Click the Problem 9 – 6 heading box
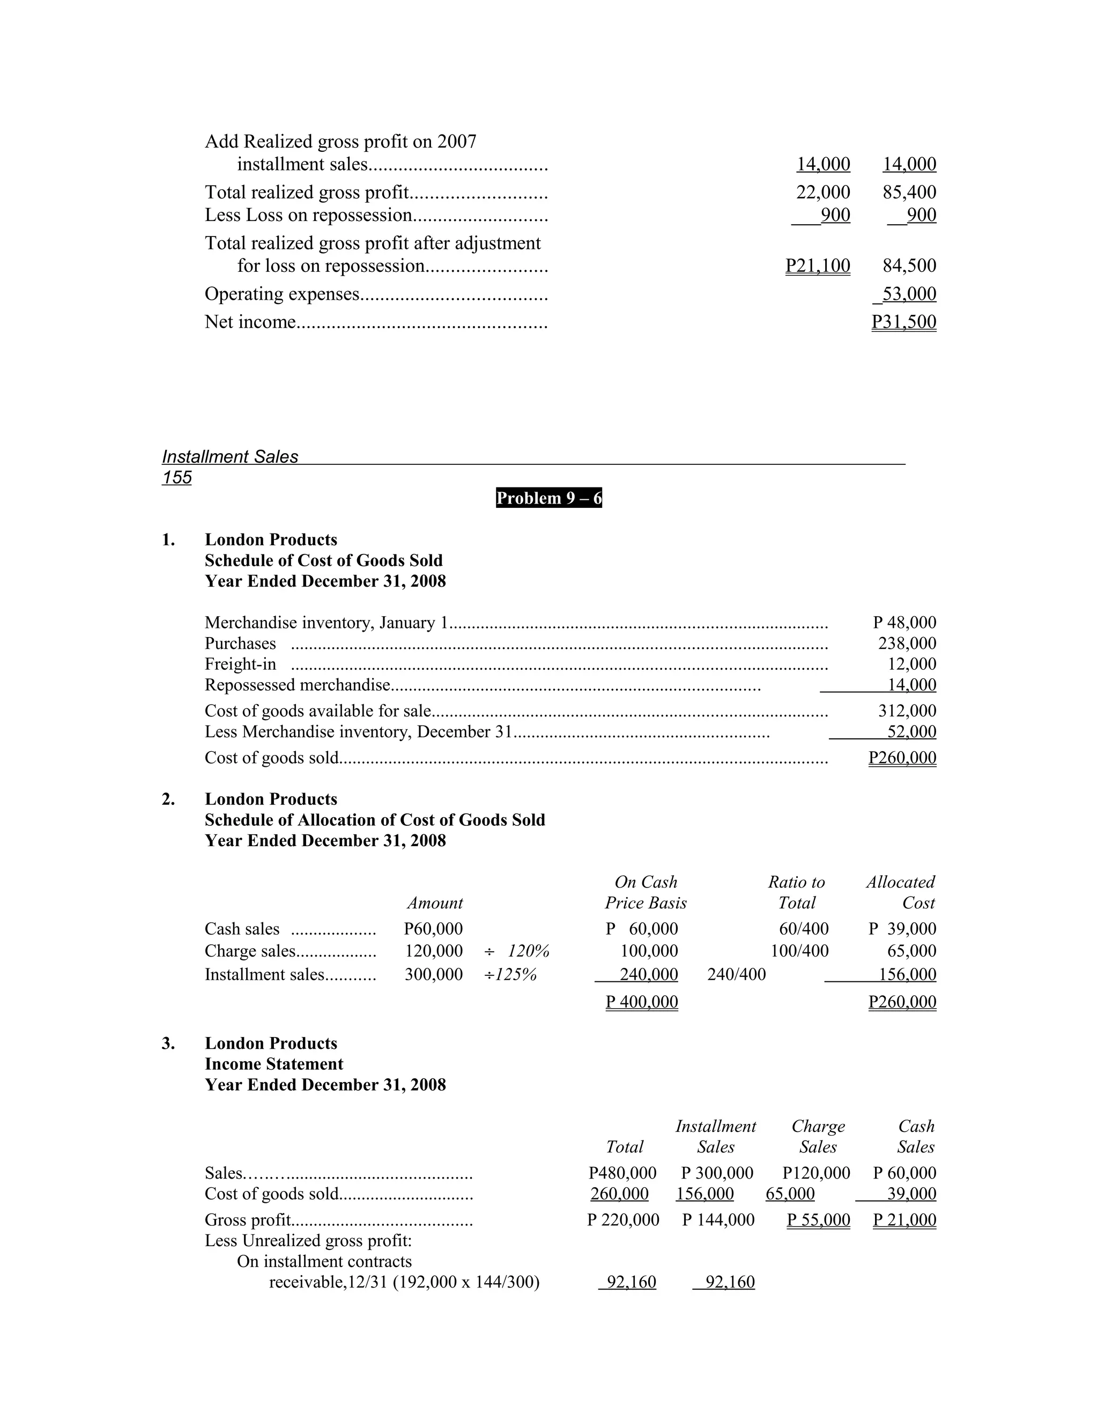point(548,498)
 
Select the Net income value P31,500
point(903,322)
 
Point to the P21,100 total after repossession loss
point(818,265)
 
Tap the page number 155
point(177,478)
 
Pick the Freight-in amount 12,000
point(911,664)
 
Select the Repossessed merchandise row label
point(297,685)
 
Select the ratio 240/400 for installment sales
point(736,975)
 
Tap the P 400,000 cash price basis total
point(641,1002)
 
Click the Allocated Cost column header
point(900,893)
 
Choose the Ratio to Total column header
point(796,893)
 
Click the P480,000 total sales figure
point(622,1173)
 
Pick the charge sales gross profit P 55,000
point(818,1220)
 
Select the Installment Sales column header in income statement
point(716,1137)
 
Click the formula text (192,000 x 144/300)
point(466,1283)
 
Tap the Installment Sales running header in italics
point(229,457)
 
